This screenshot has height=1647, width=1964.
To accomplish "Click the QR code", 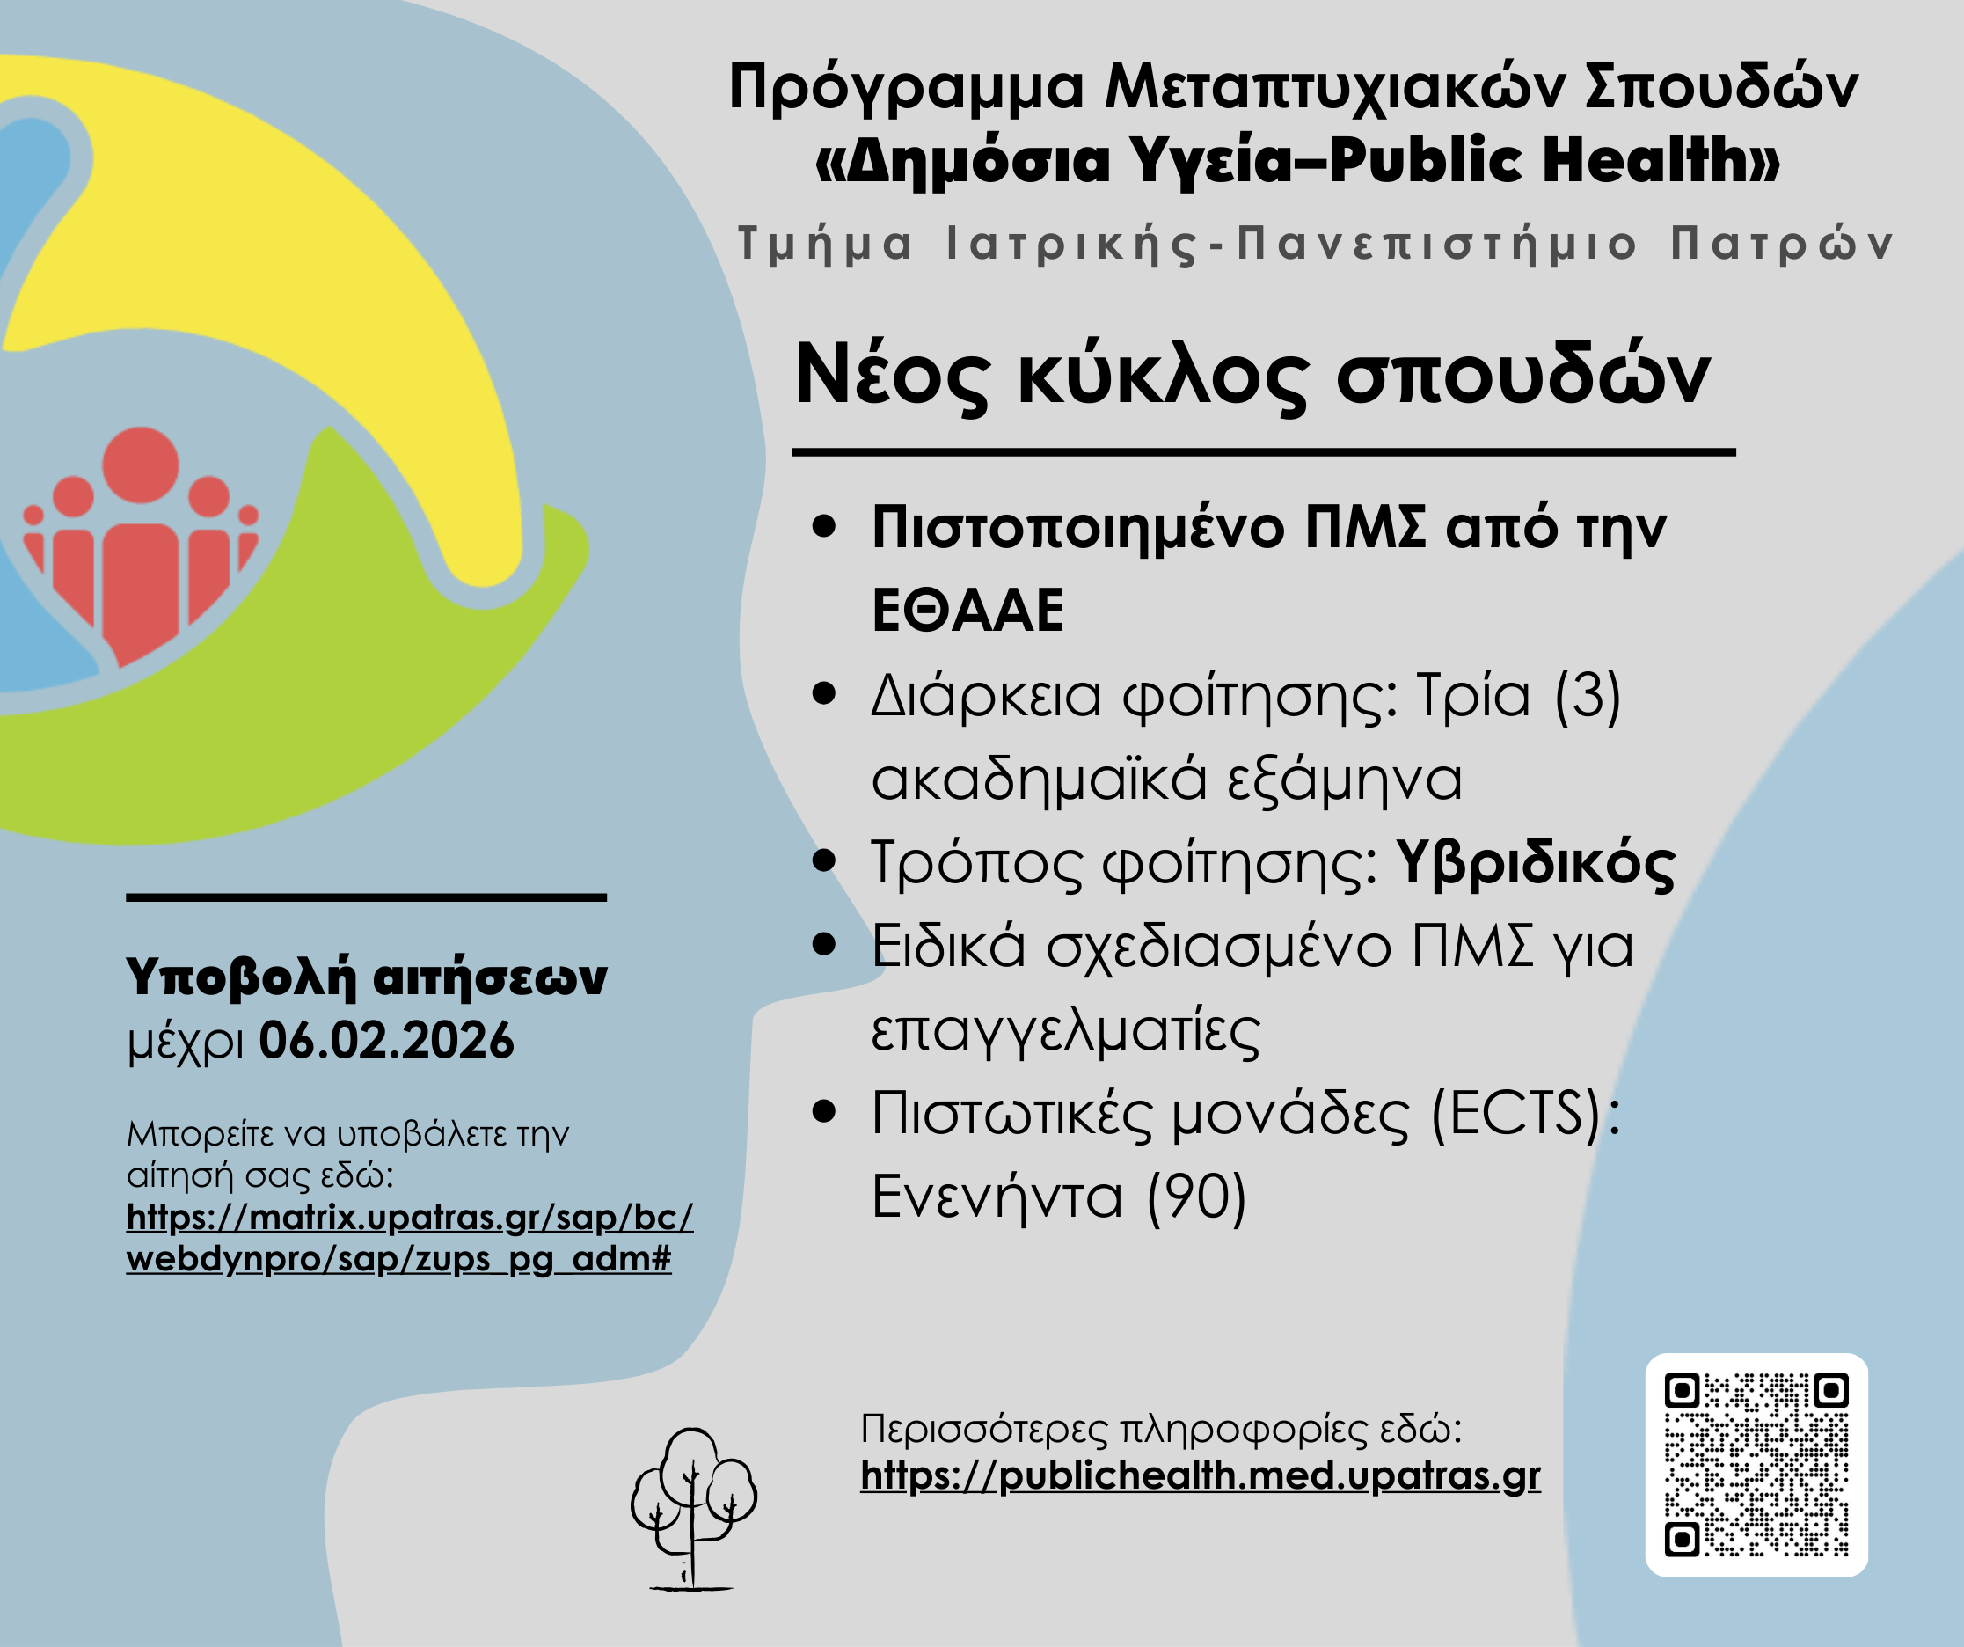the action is tap(1756, 1466).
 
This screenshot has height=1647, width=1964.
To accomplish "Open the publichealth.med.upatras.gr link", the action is tap(1200, 1475).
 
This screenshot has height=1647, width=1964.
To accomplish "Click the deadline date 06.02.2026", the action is tap(386, 1040).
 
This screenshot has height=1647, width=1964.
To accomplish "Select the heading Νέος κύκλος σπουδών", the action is tap(1252, 375).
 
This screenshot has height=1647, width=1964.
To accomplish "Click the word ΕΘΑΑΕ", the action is tap(968, 610).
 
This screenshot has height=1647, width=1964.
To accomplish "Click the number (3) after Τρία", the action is tap(1587, 696).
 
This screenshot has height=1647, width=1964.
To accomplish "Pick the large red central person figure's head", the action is tap(141, 465).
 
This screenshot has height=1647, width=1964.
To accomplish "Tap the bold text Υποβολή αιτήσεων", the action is tap(367, 977).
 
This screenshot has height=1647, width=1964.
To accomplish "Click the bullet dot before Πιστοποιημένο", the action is tap(824, 526).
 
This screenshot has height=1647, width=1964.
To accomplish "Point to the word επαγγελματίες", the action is tap(1066, 1029).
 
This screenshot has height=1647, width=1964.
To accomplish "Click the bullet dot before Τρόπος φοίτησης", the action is tap(824, 860).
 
